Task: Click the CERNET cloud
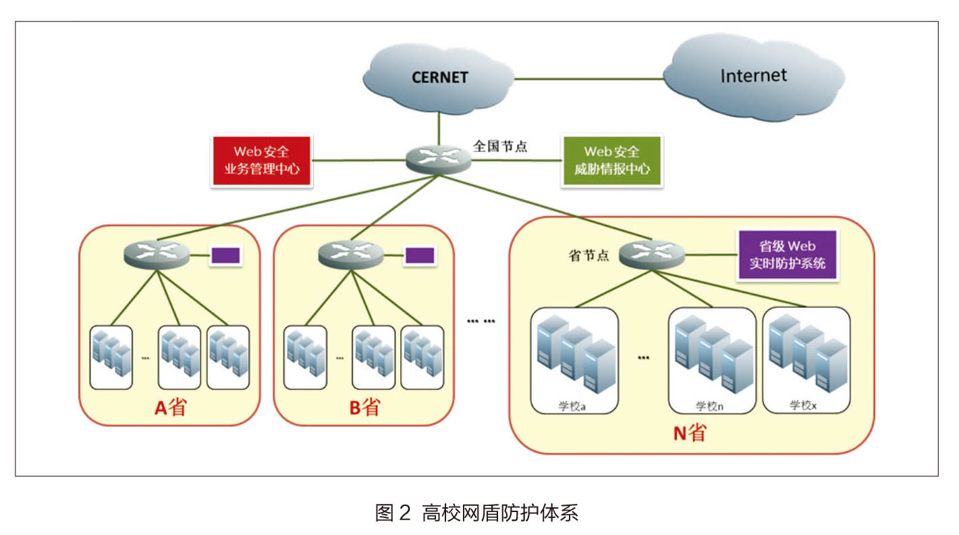click(439, 78)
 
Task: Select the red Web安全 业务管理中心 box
click(262, 161)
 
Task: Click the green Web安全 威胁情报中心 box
click(612, 161)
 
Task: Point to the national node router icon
click(439, 160)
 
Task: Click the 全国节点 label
click(500, 147)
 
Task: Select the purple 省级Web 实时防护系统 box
click(788, 255)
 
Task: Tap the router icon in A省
click(157, 255)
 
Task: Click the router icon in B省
click(351, 255)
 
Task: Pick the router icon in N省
click(652, 255)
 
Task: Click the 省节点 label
click(588, 255)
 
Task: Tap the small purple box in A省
click(225, 255)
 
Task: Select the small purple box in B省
click(420, 255)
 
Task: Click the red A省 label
click(170, 407)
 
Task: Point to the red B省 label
click(364, 407)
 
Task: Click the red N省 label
click(690, 433)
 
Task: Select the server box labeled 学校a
click(574, 361)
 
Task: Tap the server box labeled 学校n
click(713, 361)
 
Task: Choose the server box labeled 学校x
click(806, 360)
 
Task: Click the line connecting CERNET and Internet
click(589, 79)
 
